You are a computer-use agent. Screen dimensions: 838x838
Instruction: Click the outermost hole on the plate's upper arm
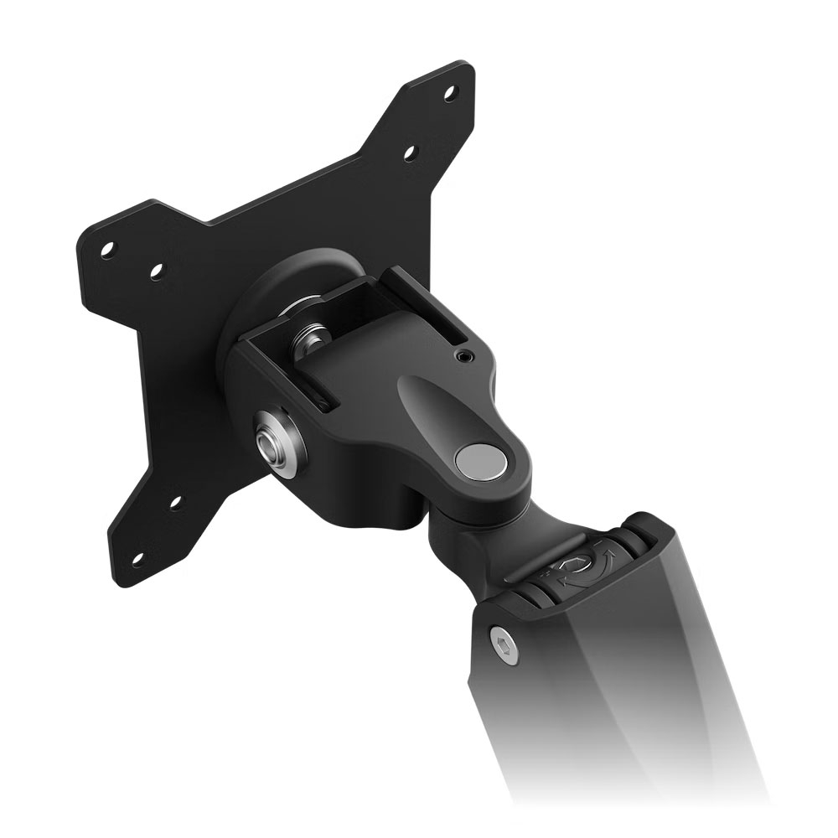(451, 91)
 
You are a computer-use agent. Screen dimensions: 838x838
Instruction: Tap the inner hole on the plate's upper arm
(411, 152)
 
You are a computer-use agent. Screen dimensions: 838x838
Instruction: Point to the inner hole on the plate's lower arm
(175, 503)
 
